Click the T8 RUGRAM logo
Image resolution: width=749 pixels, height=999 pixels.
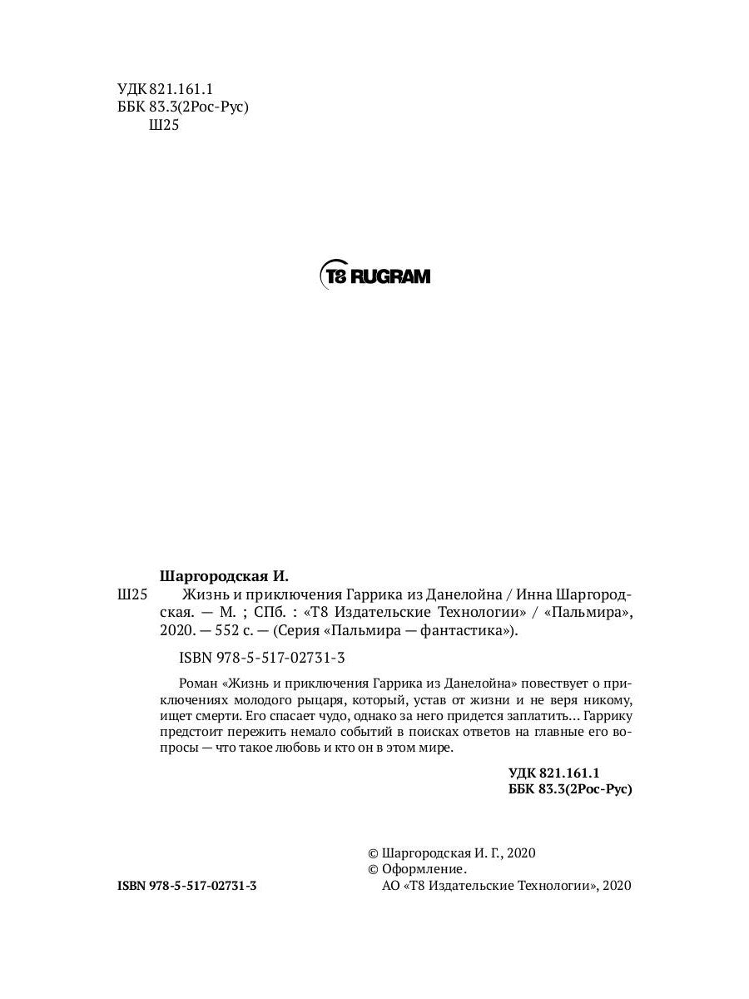point(374,276)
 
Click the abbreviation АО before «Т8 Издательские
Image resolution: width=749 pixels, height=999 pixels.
point(389,887)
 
